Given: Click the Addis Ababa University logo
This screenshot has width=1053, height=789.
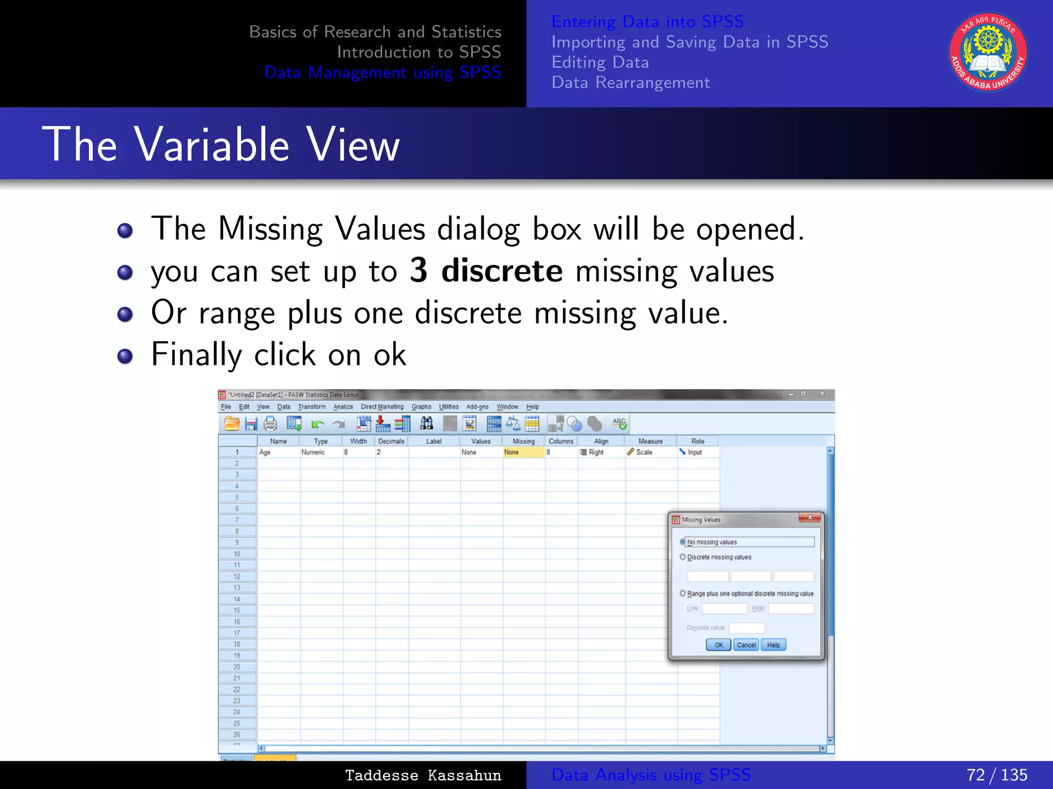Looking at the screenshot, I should (x=988, y=52).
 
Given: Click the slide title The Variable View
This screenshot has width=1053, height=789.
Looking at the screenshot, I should (x=221, y=145).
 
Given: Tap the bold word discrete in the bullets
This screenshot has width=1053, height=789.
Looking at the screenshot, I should (x=502, y=271).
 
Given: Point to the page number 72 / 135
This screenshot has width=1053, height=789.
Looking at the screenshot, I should (x=996, y=775).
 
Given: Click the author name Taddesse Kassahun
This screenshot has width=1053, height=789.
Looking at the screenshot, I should (x=423, y=775).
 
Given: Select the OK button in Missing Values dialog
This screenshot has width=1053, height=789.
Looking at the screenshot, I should (x=718, y=645).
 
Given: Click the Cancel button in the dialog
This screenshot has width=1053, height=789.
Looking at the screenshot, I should (x=746, y=645).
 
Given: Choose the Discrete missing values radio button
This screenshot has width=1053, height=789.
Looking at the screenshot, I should (x=683, y=557).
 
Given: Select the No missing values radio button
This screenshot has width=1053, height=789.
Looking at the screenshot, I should (x=683, y=542).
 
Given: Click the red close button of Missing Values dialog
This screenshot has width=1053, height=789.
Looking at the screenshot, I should (x=809, y=518).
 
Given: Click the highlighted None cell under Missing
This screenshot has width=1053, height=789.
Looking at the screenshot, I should (x=523, y=453).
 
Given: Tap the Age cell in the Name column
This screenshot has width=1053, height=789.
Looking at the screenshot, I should (x=278, y=453).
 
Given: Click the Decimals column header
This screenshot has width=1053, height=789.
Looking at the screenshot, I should (x=391, y=441).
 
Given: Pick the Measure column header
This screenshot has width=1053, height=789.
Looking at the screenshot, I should (x=650, y=441).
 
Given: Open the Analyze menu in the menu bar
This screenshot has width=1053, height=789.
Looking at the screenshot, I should (x=343, y=407).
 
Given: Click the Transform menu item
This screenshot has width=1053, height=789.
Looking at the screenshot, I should (x=312, y=407).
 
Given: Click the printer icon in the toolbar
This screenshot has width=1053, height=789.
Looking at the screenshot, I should (x=270, y=424).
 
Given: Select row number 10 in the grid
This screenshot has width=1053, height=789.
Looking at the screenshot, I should (x=237, y=554).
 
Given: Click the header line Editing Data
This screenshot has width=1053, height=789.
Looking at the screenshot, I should (x=600, y=62).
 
